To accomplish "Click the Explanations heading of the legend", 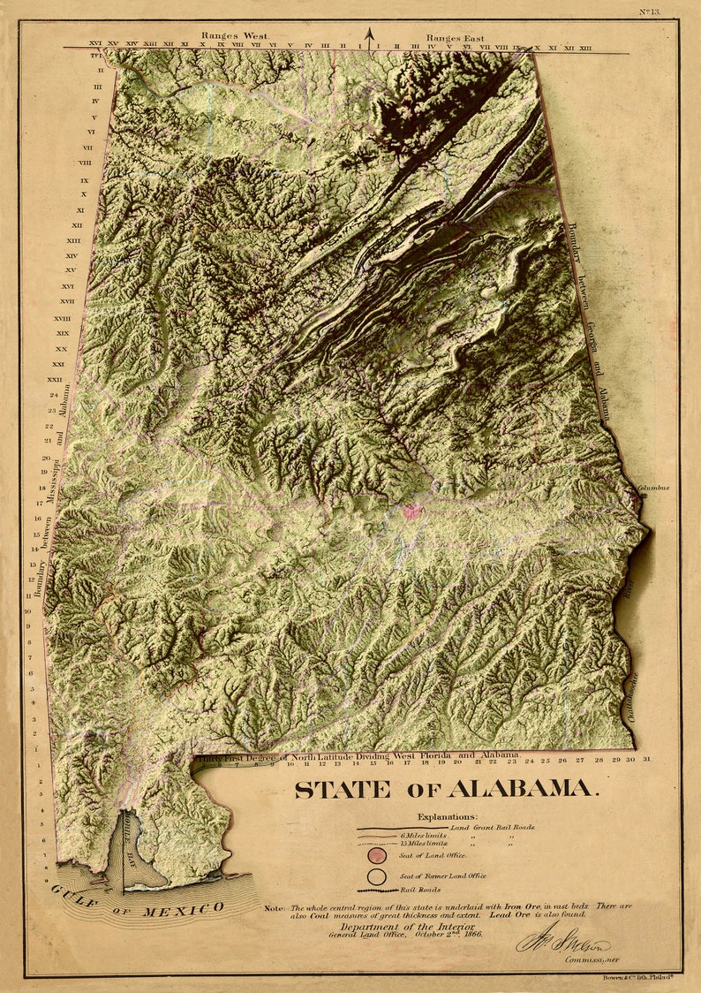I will coord(448,817).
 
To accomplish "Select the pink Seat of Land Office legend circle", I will coord(378,855).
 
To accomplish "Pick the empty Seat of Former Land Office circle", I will coord(378,876).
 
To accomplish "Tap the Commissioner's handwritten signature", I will coord(562,944).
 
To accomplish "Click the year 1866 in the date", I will coord(470,935).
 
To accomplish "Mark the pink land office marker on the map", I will coord(411,511).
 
